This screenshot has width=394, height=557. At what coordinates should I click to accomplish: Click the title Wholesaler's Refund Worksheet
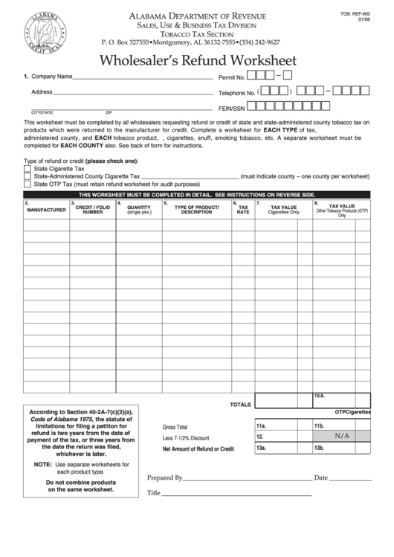pyautogui.click(x=198, y=60)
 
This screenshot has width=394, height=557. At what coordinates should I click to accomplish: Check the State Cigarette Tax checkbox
pyautogui.click(x=28, y=169)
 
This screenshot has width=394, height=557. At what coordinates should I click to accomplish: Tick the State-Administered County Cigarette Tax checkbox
pyautogui.click(x=28, y=176)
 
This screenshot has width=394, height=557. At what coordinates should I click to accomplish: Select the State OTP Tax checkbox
pyautogui.click(x=28, y=184)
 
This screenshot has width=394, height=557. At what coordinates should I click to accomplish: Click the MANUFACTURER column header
pyautogui.click(x=46, y=210)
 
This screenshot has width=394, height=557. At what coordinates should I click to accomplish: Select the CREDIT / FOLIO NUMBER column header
pyautogui.click(x=92, y=210)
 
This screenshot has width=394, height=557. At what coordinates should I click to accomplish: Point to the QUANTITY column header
pyautogui.click(x=138, y=210)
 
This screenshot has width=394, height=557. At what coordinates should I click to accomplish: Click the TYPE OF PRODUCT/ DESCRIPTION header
pyautogui.click(x=196, y=210)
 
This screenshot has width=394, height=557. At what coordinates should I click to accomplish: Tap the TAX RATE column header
pyautogui.click(x=243, y=210)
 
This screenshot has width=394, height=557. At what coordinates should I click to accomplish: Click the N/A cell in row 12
pyautogui.click(x=341, y=437)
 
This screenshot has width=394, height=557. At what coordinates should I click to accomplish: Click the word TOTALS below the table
pyautogui.click(x=240, y=405)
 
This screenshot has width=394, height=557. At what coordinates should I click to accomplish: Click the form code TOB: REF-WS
pyautogui.click(x=366, y=13)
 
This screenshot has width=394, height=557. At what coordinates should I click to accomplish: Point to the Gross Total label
pyautogui.click(x=175, y=427)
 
